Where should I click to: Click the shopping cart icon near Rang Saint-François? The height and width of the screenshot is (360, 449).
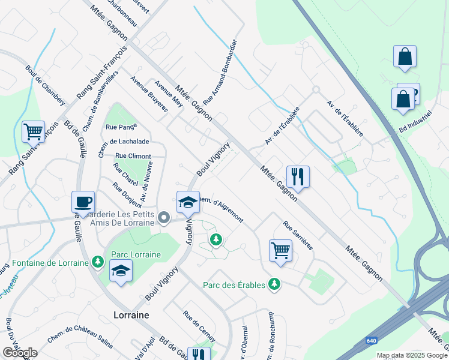[x=33, y=131]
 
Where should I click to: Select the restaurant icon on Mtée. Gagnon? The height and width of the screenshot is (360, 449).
[x=298, y=176]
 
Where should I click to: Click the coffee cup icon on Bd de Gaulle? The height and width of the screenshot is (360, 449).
[x=83, y=202]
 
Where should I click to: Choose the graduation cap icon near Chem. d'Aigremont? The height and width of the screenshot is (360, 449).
[x=188, y=202]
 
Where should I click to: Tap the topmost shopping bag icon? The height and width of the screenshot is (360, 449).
[x=405, y=56]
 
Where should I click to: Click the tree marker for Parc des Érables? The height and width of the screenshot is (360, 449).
[x=274, y=284]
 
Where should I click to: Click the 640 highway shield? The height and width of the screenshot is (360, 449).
[x=372, y=341]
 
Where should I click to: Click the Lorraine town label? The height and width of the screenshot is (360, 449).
[x=131, y=314]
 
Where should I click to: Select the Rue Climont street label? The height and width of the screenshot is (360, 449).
[x=133, y=156]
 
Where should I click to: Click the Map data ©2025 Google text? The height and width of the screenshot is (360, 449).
[x=412, y=355]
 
